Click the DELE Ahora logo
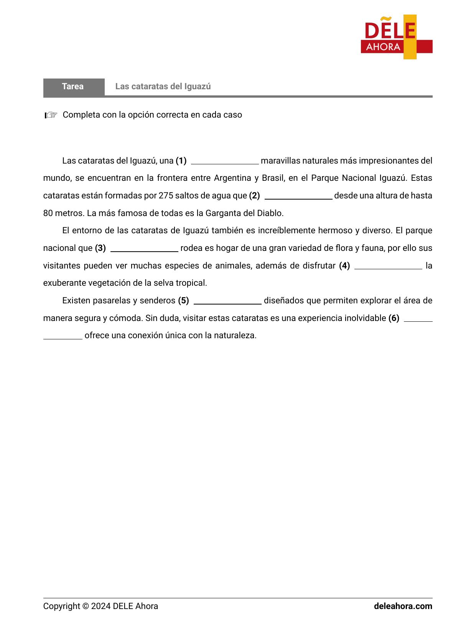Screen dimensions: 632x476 click(x=396, y=37)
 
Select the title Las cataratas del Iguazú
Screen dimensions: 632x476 click(x=163, y=87)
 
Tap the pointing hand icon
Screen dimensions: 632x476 click(x=51, y=115)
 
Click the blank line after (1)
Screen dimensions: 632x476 click(x=225, y=161)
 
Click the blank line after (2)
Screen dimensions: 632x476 click(x=298, y=196)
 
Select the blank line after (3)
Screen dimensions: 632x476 click(x=144, y=249)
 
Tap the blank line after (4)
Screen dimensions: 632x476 click(x=388, y=267)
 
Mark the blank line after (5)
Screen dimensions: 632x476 click(x=227, y=301)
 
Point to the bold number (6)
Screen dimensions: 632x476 click(x=394, y=318)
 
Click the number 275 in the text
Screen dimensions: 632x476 click(x=166, y=196)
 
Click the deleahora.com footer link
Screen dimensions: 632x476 click(x=403, y=606)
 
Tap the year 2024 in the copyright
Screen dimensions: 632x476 click(x=101, y=606)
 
